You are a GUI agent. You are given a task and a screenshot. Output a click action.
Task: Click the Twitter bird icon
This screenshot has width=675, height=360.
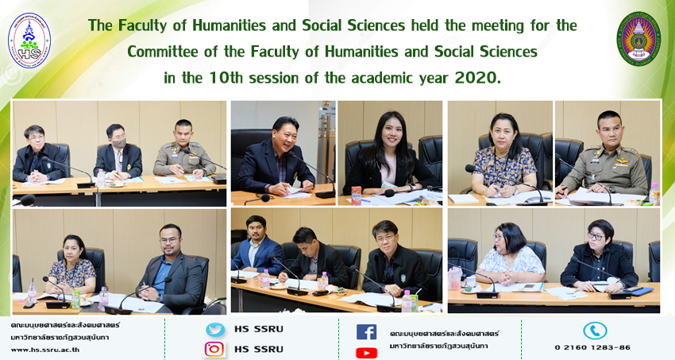click(x=215, y=330)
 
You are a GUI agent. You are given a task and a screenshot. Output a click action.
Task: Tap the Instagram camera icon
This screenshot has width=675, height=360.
click(x=214, y=349)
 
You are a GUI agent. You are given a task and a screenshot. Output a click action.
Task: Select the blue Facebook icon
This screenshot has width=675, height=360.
click(x=366, y=332)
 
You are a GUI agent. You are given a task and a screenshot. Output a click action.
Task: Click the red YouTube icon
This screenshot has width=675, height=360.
click(x=366, y=353)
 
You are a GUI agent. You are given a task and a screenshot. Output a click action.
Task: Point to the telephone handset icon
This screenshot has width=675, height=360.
click(x=595, y=331)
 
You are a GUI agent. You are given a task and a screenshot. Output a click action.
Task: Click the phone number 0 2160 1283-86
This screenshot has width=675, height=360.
click(x=592, y=347)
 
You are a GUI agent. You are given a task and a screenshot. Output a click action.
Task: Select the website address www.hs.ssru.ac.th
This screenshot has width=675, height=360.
click(x=45, y=350)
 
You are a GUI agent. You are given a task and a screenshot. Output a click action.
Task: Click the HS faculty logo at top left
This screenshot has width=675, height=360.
click(x=29, y=40)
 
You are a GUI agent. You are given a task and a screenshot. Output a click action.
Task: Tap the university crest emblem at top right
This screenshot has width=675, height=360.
click(x=638, y=39)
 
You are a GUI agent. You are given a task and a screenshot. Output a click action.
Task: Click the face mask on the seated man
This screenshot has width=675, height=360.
click(x=119, y=142)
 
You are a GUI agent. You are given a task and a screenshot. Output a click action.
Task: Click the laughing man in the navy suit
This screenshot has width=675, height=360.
click(x=275, y=157)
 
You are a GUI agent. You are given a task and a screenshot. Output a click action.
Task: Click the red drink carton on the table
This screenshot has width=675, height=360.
click(x=357, y=195)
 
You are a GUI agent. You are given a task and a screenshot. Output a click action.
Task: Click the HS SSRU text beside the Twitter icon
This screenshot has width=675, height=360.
click(x=259, y=330)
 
